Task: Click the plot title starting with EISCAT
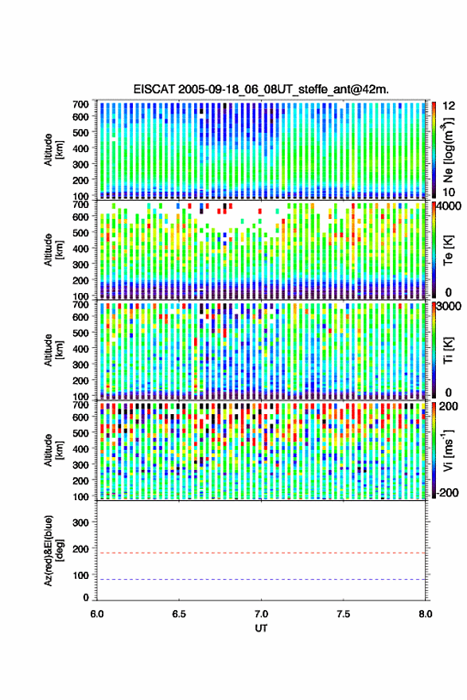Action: click(261, 89)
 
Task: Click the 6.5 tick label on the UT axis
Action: click(179, 614)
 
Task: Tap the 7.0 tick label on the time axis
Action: click(261, 614)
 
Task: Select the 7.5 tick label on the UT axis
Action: click(343, 614)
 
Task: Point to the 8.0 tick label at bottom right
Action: click(425, 614)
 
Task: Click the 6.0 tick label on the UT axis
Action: click(97, 614)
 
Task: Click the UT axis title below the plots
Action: click(261, 628)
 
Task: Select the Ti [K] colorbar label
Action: click(448, 350)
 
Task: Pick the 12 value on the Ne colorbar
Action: click(449, 106)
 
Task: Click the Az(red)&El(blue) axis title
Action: click(53, 551)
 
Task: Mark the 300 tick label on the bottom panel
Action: click(80, 522)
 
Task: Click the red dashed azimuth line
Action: click(261, 553)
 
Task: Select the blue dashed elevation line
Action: click(261, 580)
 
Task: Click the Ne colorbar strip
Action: click(434, 150)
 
